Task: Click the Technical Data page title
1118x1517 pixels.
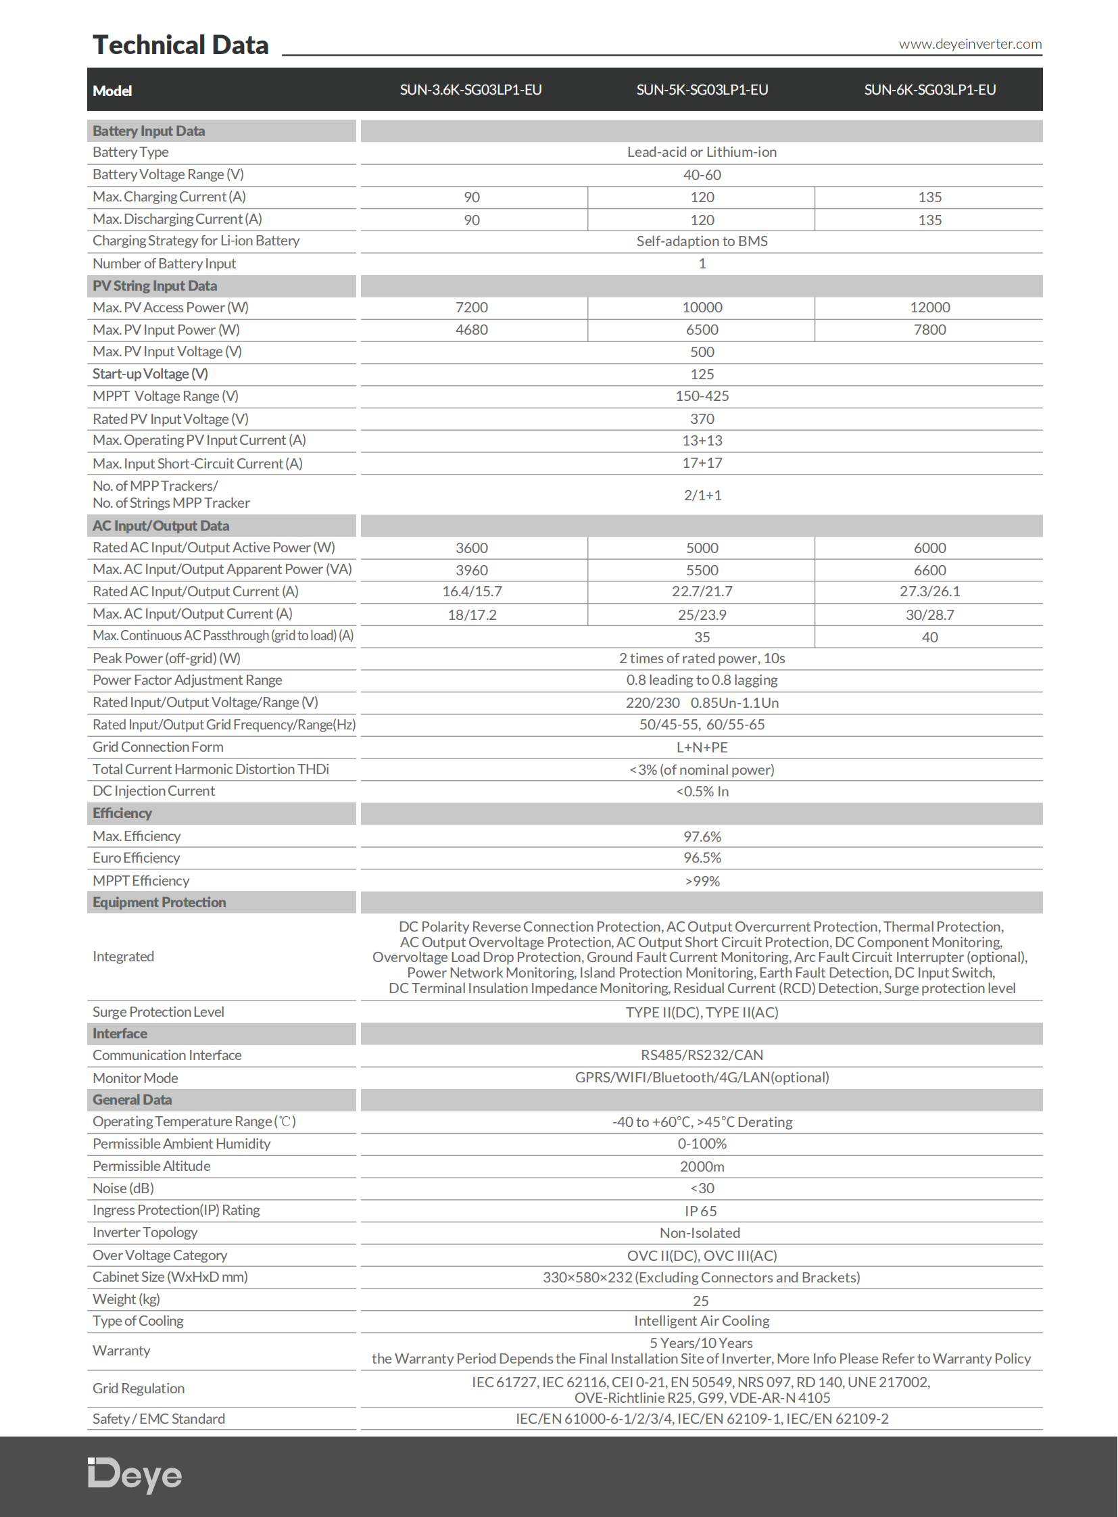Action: click(180, 45)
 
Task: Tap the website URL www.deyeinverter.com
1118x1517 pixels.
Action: click(970, 44)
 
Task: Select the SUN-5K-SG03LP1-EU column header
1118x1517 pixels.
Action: click(702, 90)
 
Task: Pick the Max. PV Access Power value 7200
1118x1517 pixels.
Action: click(472, 308)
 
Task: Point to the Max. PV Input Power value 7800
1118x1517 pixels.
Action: click(930, 330)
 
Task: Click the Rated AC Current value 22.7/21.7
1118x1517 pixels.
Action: click(702, 592)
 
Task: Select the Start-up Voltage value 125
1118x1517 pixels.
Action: click(702, 375)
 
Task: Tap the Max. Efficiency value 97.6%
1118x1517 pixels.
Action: click(702, 837)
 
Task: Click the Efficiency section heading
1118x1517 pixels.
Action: click(122, 813)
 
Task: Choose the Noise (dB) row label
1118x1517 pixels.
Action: click(123, 1188)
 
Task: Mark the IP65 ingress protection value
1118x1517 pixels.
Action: click(700, 1211)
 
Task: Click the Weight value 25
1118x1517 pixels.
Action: click(700, 1301)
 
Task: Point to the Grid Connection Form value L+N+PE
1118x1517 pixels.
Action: click(702, 747)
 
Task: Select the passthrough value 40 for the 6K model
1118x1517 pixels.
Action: click(930, 637)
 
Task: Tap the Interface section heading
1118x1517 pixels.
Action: click(120, 1034)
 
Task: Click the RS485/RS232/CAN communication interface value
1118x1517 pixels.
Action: click(702, 1055)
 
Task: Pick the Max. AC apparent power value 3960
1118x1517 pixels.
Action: click(472, 570)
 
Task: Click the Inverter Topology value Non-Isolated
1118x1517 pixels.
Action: click(700, 1232)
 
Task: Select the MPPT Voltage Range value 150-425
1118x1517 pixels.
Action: click(702, 396)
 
